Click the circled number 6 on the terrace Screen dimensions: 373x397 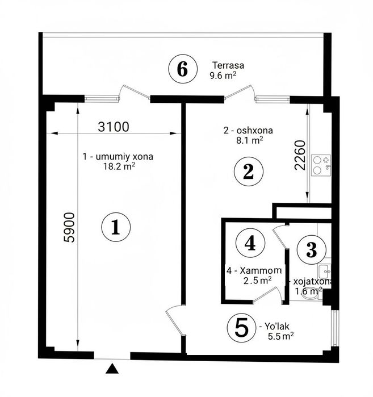coord(183,69)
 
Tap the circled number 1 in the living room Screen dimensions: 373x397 coord(116,227)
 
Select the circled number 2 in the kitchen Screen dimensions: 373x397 coord(249,172)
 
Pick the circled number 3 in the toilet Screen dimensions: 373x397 coord(312,249)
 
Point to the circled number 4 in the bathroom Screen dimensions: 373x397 coord(250,243)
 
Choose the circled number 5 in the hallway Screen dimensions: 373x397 coord(242,328)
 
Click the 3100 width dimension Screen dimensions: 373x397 coord(114,127)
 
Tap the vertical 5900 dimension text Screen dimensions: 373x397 coord(69,227)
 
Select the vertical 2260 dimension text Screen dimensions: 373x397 coord(300,155)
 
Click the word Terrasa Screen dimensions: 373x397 coord(228,65)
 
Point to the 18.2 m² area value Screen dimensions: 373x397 coord(119,166)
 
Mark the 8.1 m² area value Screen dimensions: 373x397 coord(250,140)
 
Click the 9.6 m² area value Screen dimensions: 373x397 coord(223,75)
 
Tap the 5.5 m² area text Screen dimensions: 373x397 coord(281,336)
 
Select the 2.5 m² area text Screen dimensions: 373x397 coord(258,280)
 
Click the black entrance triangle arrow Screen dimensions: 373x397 coord(112,369)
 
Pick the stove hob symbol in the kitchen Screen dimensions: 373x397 coord(321,165)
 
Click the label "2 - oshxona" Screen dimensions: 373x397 coord(248,131)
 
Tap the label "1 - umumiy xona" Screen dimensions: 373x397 coord(118,156)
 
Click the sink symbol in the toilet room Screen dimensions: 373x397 coord(324,271)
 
